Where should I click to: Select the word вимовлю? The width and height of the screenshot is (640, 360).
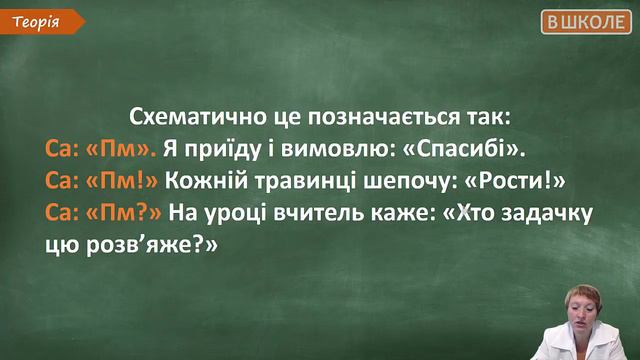click(x=339, y=150)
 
